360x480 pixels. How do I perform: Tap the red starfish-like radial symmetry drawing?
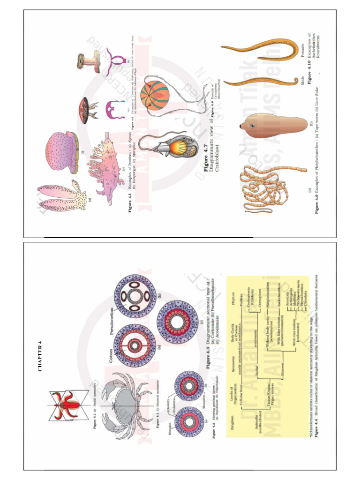[64, 405]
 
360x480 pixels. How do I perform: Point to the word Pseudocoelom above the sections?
[111, 322]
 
